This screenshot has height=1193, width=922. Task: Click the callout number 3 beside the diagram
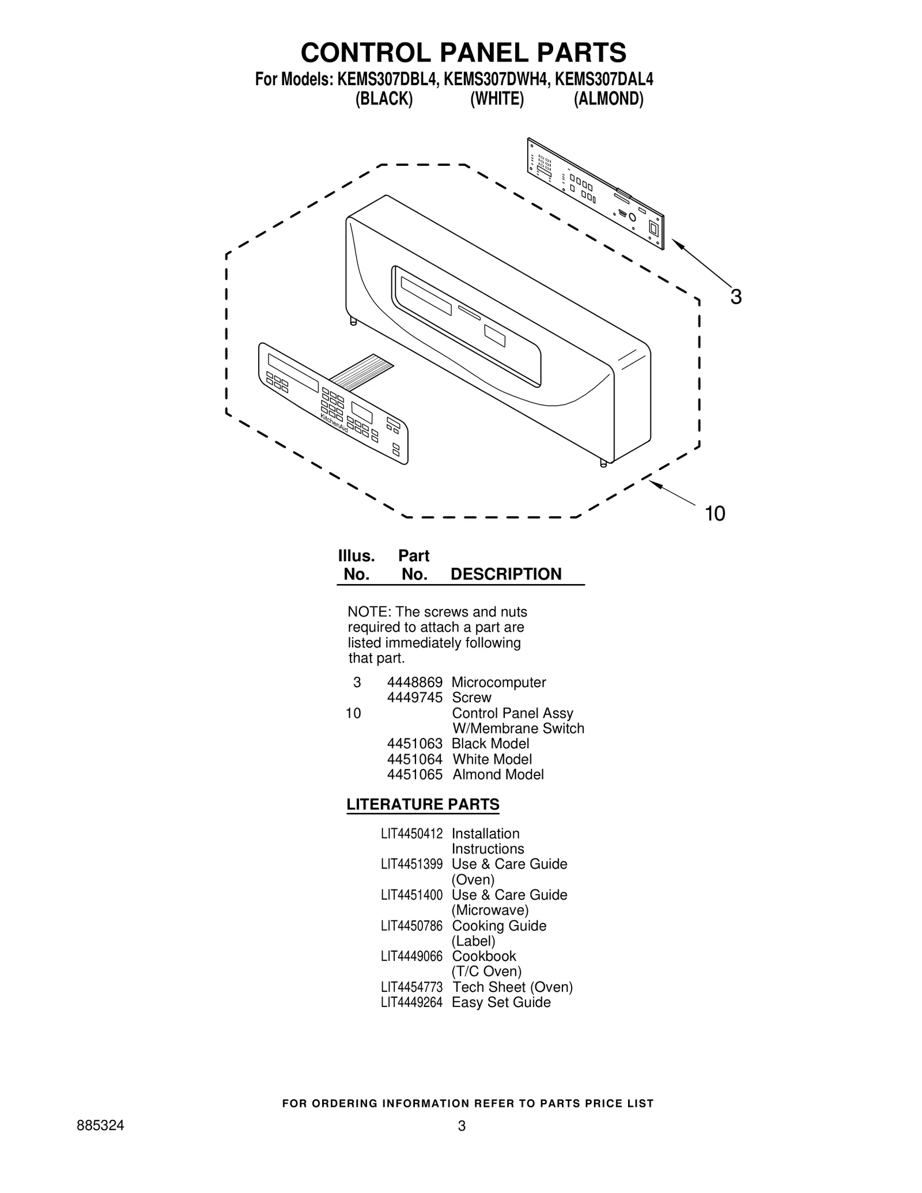pyautogui.click(x=736, y=297)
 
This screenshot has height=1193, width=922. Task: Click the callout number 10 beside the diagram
pyautogui.click(x=715, y=513)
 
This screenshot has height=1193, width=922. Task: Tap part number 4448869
pyautogui.click(x=414, y=683)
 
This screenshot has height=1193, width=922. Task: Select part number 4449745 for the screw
pyautogui.click(x=414, y=698)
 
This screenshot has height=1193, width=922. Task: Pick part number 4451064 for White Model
pyautogui.click(x=414, y=759)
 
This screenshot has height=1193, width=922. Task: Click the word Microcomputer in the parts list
pyautogui.click(x=498, y=683)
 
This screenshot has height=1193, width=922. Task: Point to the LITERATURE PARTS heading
pyautogui.click(x=423, y=805)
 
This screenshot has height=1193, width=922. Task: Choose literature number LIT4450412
pyautogui.click(x=411, y=834)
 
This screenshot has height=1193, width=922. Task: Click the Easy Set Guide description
pyautogui.click(x=501, y=1003)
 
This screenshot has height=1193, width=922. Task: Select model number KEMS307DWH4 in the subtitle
pyautogui.click(x=495, y=79)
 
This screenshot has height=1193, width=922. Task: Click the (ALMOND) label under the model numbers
pyautogui.click(x=608, y=99)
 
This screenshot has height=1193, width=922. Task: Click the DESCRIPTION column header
pyautogui.click(x=506, y=574)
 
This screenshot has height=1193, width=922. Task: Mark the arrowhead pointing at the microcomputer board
pyautogui.click(x=678, y=244)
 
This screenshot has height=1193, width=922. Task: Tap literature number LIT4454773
pyautogui.click(x=411, y=987)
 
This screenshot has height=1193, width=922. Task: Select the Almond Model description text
pyautogui.click(x=498, y=775)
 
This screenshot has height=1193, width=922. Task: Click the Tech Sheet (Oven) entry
pyautogui.click(x=512, y=987)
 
